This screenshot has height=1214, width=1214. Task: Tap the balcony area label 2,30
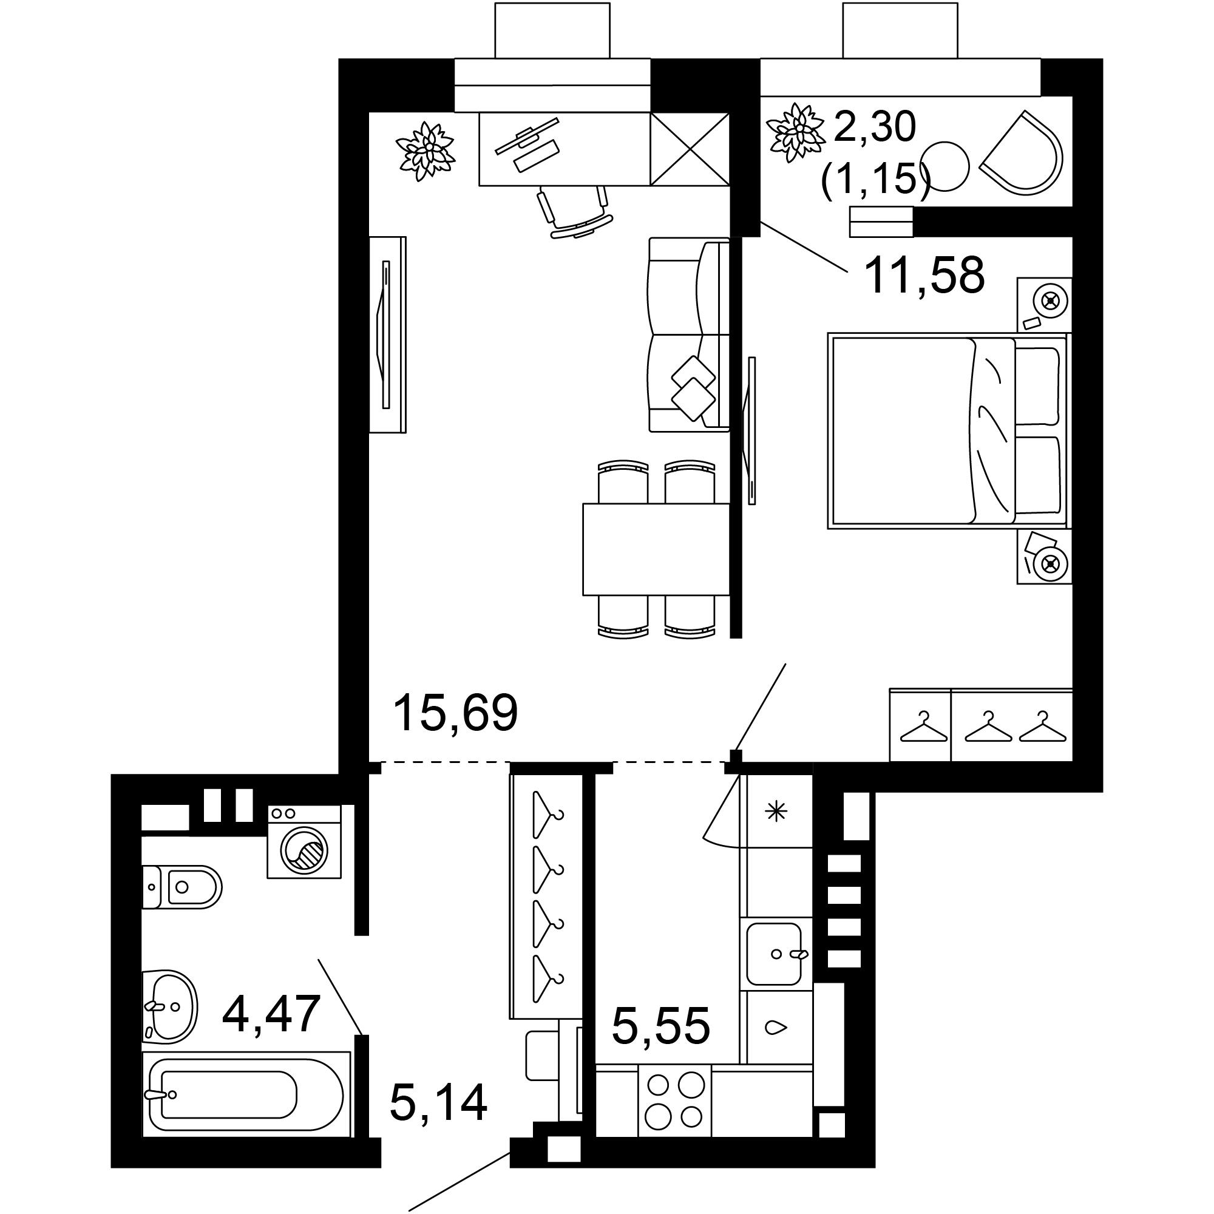[875, 127]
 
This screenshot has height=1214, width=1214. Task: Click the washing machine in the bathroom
[304, 841]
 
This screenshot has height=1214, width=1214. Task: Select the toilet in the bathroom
[181, 887]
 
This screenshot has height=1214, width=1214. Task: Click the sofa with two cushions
[688, 334]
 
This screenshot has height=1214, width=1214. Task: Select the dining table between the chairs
[656, 549]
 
